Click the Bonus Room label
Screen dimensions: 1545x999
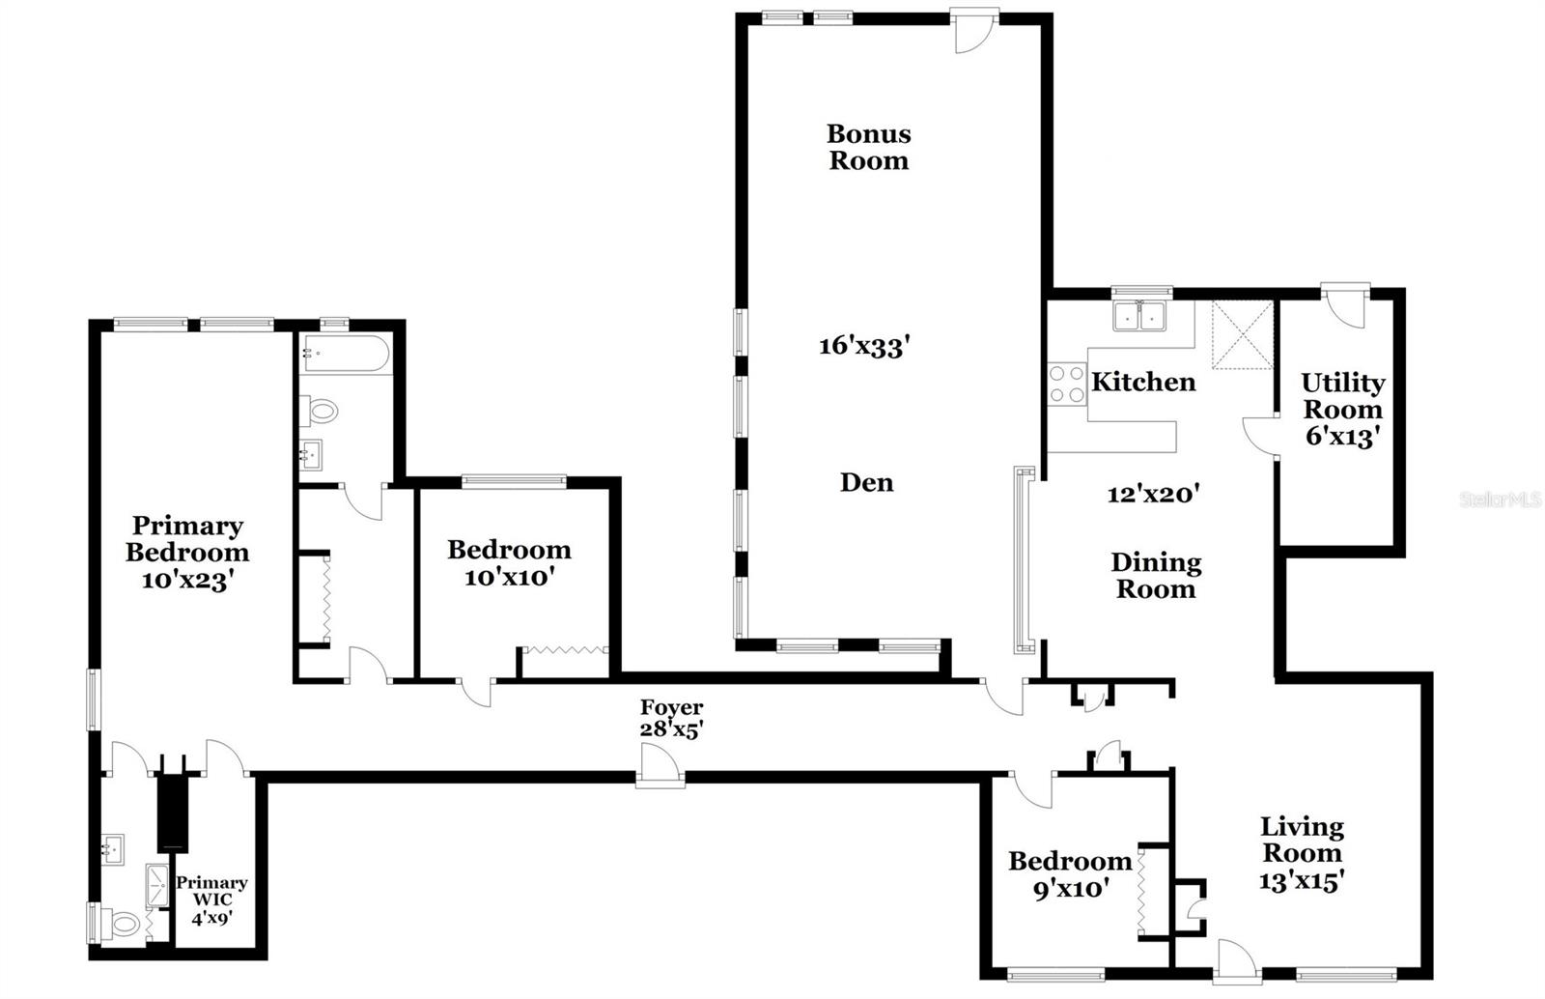(868, 147)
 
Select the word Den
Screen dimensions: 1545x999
(866, 482)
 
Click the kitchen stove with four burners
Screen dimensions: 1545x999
(1066, 384)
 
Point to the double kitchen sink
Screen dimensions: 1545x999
(1139, 315)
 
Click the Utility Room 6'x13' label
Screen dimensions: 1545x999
(1343, 409)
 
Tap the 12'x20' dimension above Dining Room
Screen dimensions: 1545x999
(1153, 494)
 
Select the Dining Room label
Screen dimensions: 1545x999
(1156, 576)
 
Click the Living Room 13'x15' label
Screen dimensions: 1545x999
(1302, 854)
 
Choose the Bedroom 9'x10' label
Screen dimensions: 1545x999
(1070, 874)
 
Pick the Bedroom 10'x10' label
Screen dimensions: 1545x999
(509, 563)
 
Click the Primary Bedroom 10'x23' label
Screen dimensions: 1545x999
(187, 553)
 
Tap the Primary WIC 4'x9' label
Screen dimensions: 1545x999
(211, 900)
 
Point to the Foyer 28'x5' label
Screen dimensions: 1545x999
(671, 718)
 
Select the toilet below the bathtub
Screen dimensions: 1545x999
(319, 412)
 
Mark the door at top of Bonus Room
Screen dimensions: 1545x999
(974, 30)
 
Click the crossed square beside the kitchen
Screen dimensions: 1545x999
(1243, 334)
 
